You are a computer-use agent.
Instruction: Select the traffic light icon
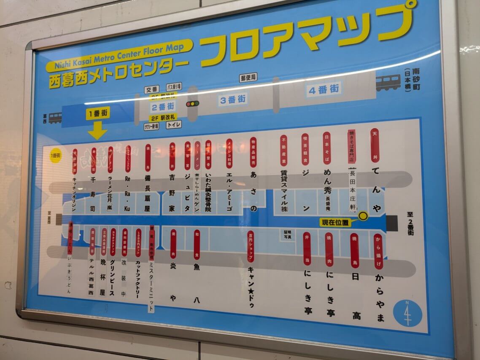193,104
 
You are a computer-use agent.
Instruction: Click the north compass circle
407,313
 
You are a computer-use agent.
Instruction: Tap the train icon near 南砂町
388,82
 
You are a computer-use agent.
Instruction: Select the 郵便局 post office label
248,78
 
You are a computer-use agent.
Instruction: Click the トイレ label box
174,125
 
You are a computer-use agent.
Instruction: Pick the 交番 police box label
151,90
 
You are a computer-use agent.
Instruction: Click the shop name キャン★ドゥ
251,286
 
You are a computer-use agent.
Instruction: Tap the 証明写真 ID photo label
288,234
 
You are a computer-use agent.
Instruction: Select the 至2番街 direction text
410,223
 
